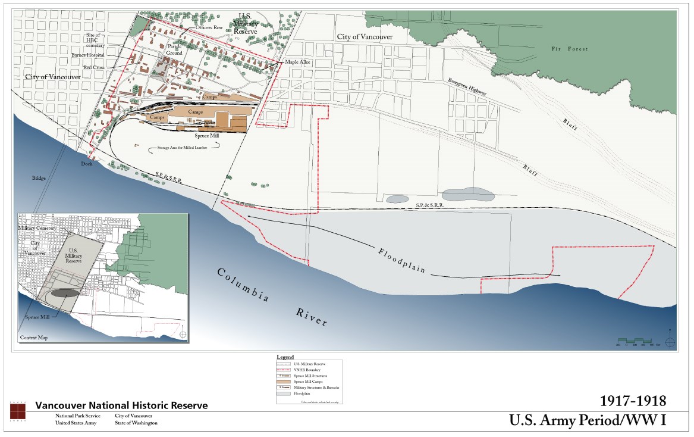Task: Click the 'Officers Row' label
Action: point(210,27)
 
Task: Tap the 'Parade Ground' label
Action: point(174,49)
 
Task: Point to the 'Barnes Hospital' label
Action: point(87,55)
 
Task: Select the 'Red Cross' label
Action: point(93,67)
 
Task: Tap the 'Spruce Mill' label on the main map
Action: point(206,136)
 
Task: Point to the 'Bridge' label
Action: point(40,178)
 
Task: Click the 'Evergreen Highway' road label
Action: point(467,88)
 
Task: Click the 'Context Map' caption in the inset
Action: point(33,338)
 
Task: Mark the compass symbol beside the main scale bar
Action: point(670,342)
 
